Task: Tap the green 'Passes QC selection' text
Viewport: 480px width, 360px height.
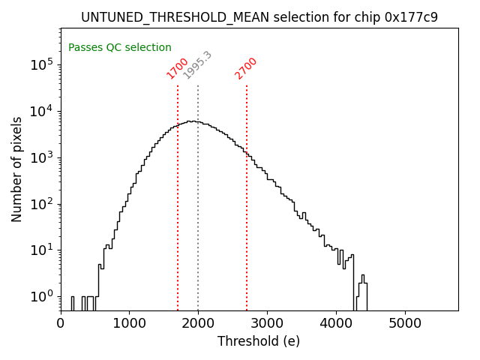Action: pyautogui.click(x=120, y=48)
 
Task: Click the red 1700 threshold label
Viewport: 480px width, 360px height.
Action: pyautogui.click(x=178, y=68)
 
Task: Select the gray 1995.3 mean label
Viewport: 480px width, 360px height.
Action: pyautogui.click(x=198, y=65)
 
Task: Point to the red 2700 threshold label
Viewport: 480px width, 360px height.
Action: pyautogui.click(x=246, y=68)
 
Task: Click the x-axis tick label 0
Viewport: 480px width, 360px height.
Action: pyautogui.click(x=61, y=323)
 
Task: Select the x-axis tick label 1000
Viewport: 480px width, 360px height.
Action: pyautogui.click(x=130, y=323)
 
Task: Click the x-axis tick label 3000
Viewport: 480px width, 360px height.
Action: pyautogui.click(x=268, y=323)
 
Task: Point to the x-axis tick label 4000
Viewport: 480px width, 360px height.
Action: pyautogui.click(x=337, y=323)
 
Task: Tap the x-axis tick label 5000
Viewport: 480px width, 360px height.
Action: pyautogui.click(x=406, y=323)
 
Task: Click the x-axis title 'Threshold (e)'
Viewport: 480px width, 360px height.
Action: pyautogui.click(x=259, y=341)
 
